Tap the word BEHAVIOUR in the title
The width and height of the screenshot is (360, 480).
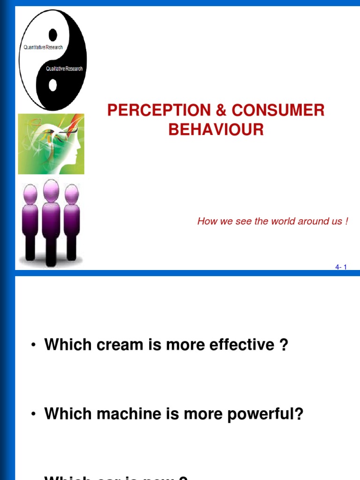[216, 130]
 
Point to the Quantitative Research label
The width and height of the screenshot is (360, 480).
[43, 47]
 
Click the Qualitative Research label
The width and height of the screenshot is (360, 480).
[64, 68]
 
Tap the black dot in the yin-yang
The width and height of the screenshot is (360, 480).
[53, 34]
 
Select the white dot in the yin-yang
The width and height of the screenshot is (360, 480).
[53, 85]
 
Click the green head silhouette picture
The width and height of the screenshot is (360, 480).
[51, 144]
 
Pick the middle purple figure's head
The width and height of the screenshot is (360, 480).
[51, 190]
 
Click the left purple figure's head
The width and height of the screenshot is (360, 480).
[30, 194]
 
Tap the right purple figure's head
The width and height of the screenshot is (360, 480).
[72, 194]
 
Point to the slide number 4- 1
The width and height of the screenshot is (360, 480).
[341, 267]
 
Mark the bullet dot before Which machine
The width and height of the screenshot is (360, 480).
[33, 414]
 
